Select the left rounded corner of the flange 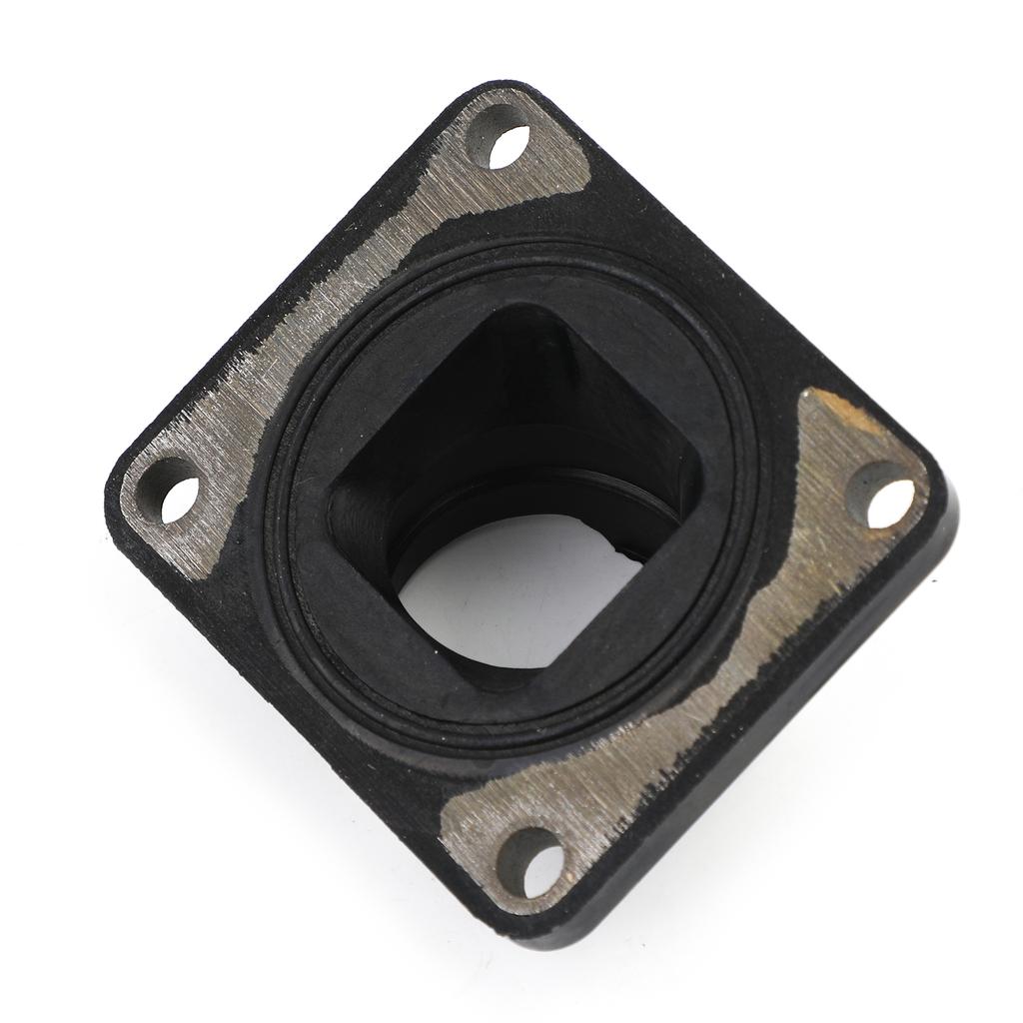(115, 490)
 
